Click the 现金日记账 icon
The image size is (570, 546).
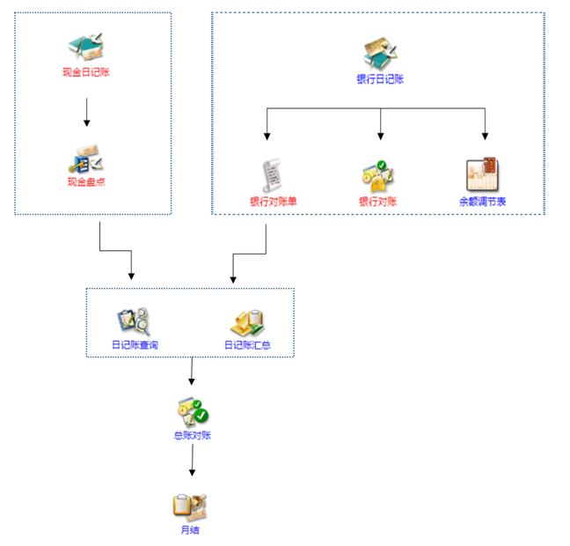(86, 46)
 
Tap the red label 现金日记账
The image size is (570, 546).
(86, 72)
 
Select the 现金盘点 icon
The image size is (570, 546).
(86, 159)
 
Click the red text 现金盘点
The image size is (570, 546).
(86, 181)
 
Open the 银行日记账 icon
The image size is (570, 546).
(380, 53)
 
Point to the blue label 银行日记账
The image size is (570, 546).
(380, 79)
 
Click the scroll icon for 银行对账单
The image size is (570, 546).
(272, 175)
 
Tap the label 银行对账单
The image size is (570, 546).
(274, 202)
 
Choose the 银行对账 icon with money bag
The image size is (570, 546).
(378, 176)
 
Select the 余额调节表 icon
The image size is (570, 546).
(482, 174)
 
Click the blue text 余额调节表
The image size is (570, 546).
(482, 202)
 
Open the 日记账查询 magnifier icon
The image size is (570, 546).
(134, 321)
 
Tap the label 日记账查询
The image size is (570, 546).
(135, 344)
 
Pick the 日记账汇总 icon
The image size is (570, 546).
(247, 323)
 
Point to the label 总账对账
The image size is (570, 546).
(193, 435)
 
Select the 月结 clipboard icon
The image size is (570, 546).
(190, 506)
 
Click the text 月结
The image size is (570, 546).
(190, 529)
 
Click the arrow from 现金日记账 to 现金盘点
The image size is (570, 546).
(86, 112)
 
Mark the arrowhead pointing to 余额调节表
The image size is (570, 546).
(485, 136)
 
